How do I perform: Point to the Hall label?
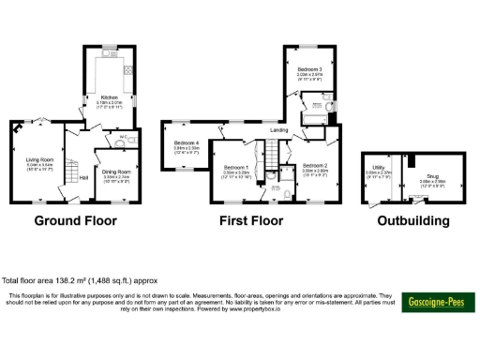83,176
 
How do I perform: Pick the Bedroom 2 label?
314,166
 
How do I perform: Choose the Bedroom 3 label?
309,70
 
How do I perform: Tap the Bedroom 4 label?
187,142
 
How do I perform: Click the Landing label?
279,130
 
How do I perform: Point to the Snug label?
431,175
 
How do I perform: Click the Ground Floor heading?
75,222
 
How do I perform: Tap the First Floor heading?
251,222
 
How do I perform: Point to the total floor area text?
79,279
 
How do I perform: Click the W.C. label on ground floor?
122,137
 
